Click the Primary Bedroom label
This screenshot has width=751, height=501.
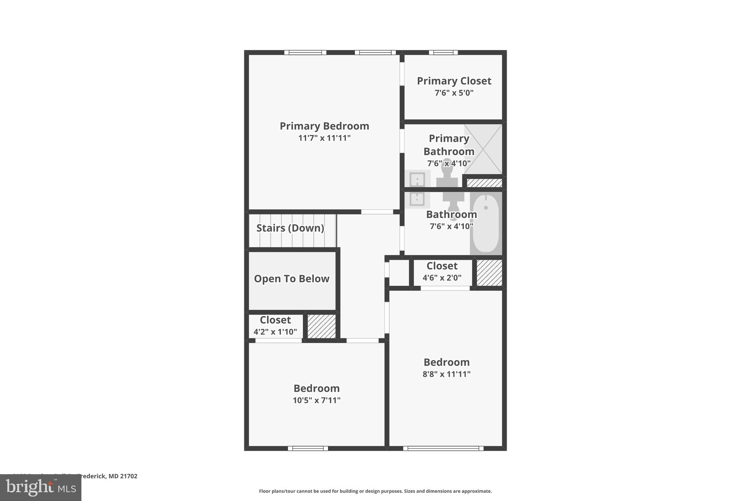tap(324, 126)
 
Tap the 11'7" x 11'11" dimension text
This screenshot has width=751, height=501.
tap(324, 138)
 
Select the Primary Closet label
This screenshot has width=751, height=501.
tap(454, 81)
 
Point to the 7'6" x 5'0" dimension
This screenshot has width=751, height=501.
tap(454, 93)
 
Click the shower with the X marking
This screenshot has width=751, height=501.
tap(483, 149)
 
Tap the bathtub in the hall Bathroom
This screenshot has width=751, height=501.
tap(486, 223)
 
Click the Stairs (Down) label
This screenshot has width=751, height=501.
tap(290, 228)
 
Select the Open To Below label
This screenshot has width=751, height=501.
tap(292, 279)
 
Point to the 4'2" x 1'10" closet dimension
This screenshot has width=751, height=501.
tap(275, 332)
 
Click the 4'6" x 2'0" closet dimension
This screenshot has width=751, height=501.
tap(442, 278)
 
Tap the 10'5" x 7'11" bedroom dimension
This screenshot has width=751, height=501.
tap(316, 400)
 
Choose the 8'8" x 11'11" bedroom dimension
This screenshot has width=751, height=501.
tap(446, 374)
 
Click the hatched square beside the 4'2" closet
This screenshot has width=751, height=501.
tap(321, 326)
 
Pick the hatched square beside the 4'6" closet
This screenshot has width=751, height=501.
tap(489, 273)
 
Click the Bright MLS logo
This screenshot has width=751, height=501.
tap(41, 488)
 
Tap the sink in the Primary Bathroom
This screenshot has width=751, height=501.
tap(417, 180)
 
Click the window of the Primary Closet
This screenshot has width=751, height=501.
tap(443, 52)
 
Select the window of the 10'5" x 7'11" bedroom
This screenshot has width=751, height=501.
tap(308, 448)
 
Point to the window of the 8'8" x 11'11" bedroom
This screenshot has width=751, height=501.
tap(443, 448)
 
